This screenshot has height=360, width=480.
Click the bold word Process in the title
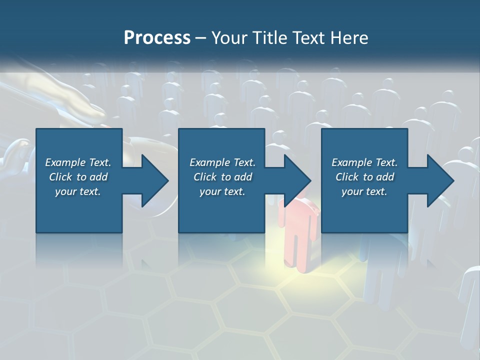[x=157, y=38]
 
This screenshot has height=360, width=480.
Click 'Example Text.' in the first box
[x=78, y=162]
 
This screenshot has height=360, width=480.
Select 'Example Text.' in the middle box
[x=222, y=162]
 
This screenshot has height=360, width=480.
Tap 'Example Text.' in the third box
[x=364, y=162]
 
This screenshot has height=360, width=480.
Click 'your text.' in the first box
[x=78, y=191]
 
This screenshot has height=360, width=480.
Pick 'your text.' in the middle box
[x=222, y=191]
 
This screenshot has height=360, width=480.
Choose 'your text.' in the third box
[x=364, y=191]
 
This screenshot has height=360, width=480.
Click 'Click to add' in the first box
[x=78, y=177]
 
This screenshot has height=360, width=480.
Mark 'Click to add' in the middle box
[x=222, y=177]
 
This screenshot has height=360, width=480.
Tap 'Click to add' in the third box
[x=364, y=177]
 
